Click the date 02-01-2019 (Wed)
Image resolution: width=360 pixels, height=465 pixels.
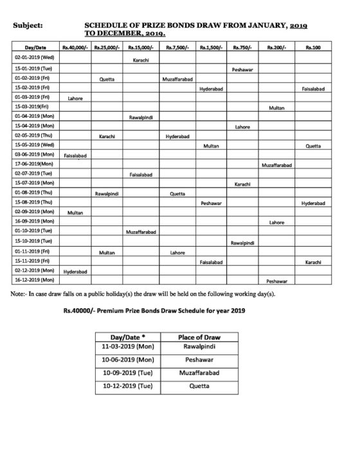coord(34,58)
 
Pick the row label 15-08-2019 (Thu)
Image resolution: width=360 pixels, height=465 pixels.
coord(34,203)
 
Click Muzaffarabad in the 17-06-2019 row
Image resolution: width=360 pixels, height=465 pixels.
coord(276,165)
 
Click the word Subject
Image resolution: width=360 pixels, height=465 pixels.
coord(28,26)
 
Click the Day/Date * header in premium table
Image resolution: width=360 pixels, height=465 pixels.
coord(128,336)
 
